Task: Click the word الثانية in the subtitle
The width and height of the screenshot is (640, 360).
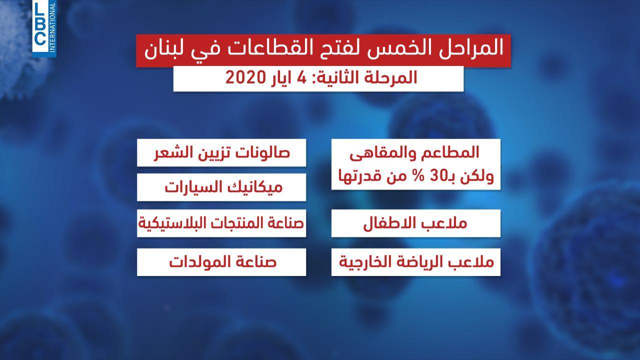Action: [338, 77]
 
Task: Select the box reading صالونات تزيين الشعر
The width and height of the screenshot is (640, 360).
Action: [221, 153]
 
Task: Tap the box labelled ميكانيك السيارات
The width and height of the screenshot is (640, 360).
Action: [221, 187]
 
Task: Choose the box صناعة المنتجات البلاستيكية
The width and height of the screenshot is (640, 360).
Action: [221, 223]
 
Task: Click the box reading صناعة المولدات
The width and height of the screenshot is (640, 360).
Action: [221, 262]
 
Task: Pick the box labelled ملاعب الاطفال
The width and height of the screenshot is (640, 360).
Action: [416, 223]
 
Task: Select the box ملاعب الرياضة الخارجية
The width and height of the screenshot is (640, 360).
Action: [416, 262]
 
